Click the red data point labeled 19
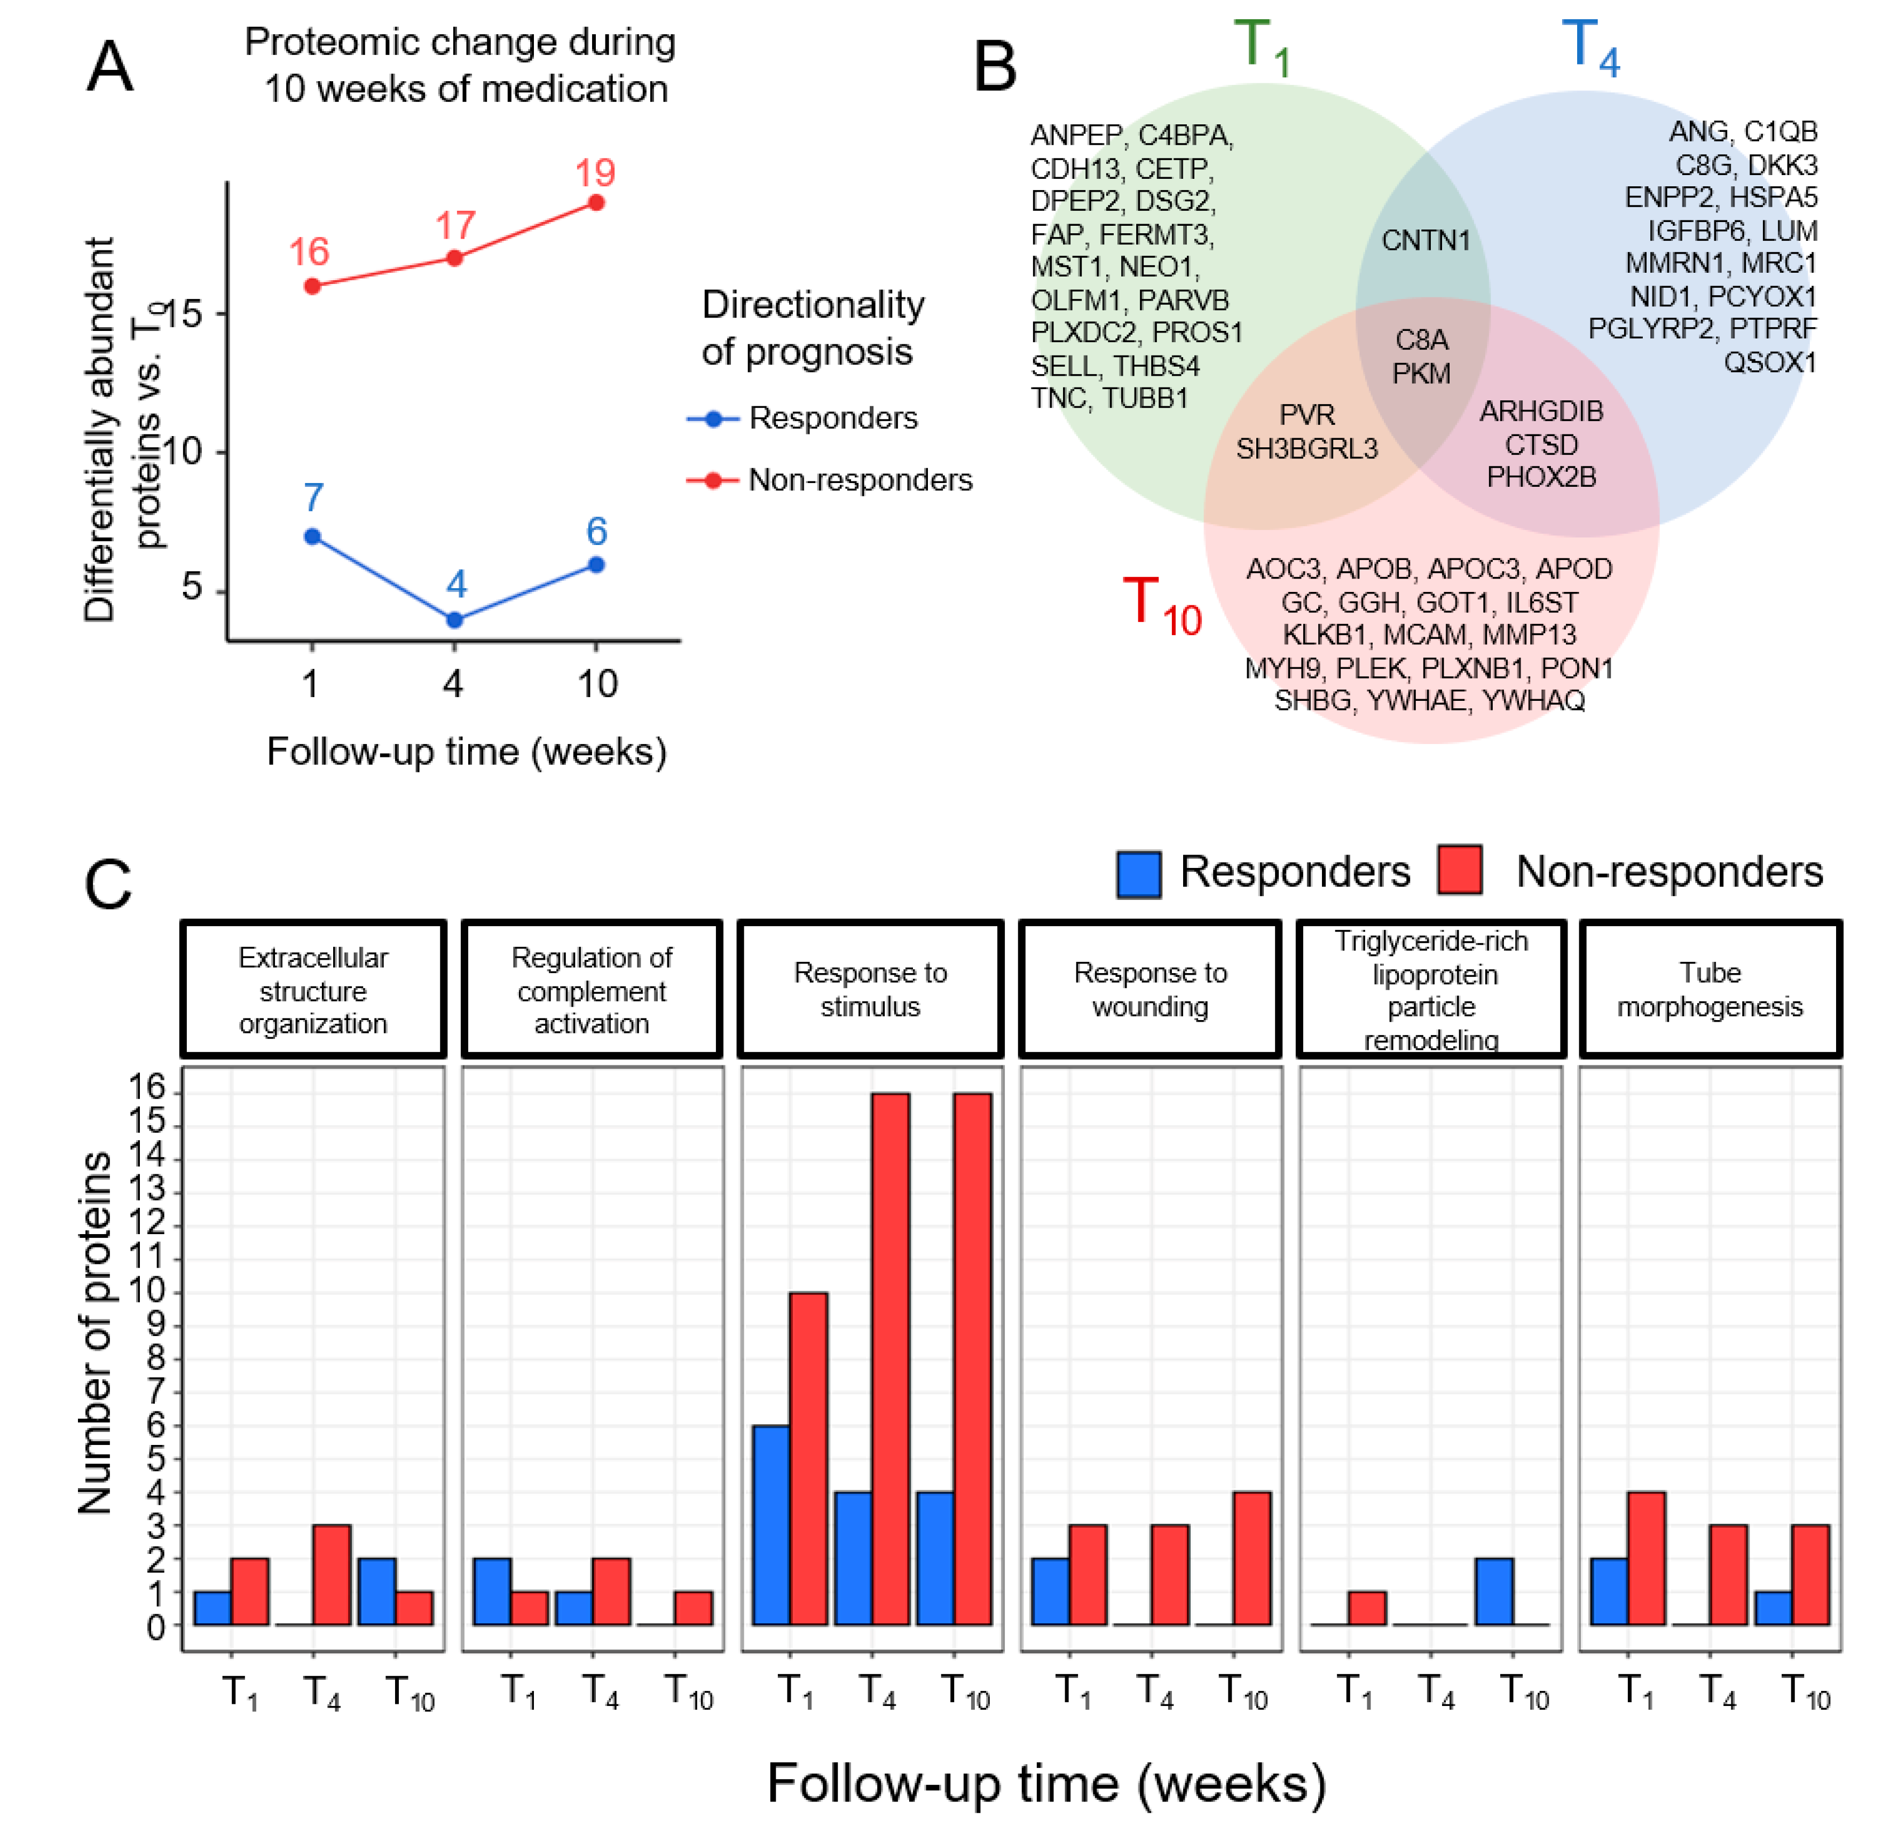(x=597, y=203)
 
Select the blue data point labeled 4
(x=454, y=620)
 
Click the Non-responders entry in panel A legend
(x=859, y=480)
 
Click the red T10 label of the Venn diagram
(x=1161, y=606)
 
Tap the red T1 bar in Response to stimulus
(x=808, y=1459)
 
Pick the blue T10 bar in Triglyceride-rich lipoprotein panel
(x=1494, y=1592)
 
